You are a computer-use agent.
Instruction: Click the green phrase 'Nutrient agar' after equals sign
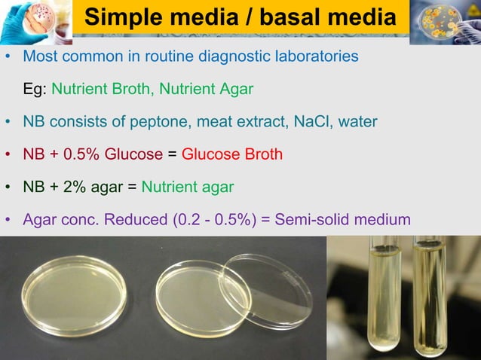[x=187, y=187]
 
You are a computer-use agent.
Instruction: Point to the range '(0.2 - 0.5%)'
[x=223, y=220]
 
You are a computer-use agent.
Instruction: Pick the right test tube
[x=430, y=294]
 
